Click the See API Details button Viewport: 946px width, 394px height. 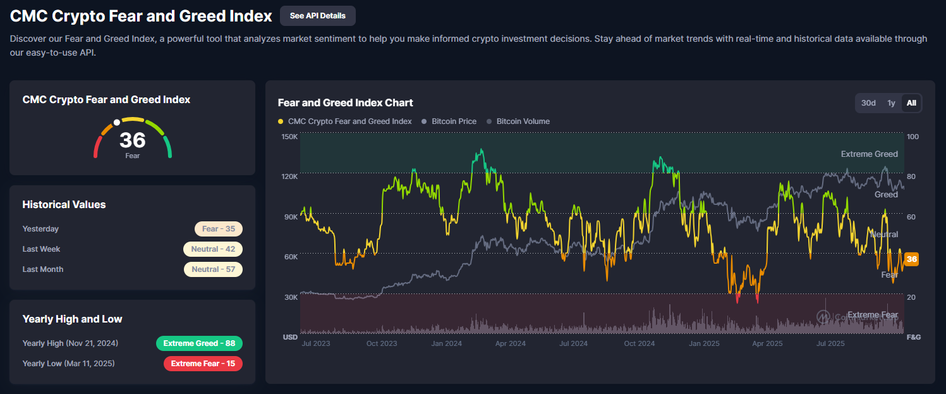pyautogui.click(x=317, y=16)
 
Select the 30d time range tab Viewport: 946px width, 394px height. pyautogui.click(x=868, y=103)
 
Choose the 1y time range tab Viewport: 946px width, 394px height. pyautogui.click(x=891, y=103)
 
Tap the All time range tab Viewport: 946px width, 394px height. pyautogui.click(x=911, y=103)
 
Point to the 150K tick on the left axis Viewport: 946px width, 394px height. pyautogui.click(x=289, y=137)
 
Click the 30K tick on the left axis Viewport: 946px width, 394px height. pyautogui.click(x=290, y=297)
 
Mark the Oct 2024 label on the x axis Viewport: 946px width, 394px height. pyautogui.click(x=639, y=343)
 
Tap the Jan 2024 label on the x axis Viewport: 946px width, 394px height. pyautogui.click(x=446, y=343)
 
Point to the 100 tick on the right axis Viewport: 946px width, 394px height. pyautogui.click(x=913, y=137)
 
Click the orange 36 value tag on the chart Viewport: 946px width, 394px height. pyautogui.click(x=911, y=259)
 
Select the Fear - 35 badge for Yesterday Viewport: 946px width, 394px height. pyautogui.click(x=218, y=229)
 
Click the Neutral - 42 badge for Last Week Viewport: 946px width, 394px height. pyautogui.click(x=213, y=249)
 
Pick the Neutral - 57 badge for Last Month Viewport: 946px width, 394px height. pyautogui.click(x=213, y=269)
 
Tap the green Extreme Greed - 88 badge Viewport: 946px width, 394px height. pyautogui.click(x=199, y=343)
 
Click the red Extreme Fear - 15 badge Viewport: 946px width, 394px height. pyautogui.click(x=203, y=364)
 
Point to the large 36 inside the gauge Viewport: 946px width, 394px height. pyautogui.click(x=133, y=140)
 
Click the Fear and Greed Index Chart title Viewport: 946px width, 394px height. pyautogui.click(x=346, y=102)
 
